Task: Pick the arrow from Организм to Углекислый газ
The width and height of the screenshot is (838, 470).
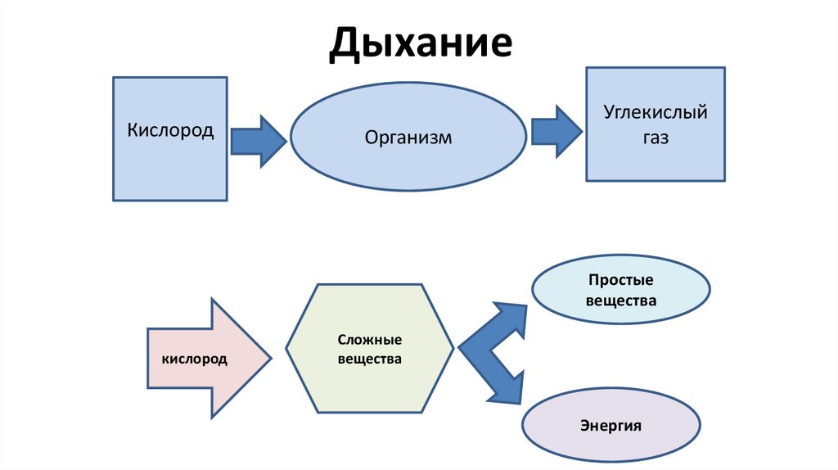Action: click(x=556, y=130)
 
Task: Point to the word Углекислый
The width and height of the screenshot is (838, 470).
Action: click(x=655, y=111)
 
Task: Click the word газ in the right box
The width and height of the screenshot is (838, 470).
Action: click(x=655, y=138)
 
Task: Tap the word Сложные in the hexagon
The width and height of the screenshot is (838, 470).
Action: click(x=369, y=339)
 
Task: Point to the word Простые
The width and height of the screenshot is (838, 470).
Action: click(x=621, y=280)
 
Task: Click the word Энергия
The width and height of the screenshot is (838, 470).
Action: click(x=610, y=426)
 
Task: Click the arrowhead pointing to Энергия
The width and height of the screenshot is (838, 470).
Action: click(x=507, y=388)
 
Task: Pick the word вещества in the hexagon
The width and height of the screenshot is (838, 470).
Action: click(x=369, y=359)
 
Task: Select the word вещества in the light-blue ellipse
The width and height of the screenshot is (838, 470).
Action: click(x=621, y=301)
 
